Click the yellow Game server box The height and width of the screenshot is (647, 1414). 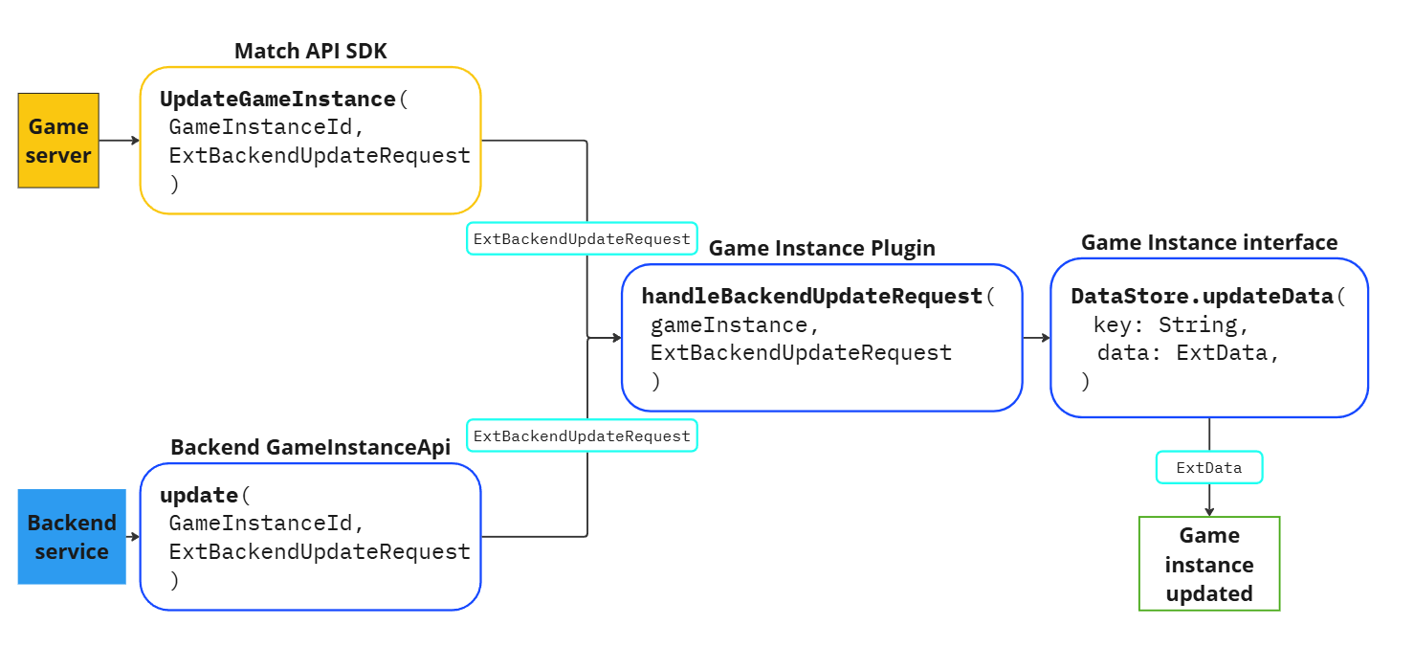click(58, 140)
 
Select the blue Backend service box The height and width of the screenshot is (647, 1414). click(72, 536)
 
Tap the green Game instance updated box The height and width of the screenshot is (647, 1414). click(1208, 564)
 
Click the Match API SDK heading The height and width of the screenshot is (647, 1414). click(311, 51)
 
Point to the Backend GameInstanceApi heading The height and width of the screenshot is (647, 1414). click(310, 447)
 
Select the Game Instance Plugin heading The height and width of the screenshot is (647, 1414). click(822, 248)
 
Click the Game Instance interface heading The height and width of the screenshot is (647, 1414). click(1209, 242)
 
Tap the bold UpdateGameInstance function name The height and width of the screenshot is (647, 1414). click(277, 100)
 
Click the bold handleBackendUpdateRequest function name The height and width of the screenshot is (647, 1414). click(812, 297)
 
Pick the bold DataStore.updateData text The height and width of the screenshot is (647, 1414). click(1202, 297)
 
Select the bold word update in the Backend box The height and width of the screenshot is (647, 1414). click(199, 496)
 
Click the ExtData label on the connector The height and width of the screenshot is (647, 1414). click(1209, 468)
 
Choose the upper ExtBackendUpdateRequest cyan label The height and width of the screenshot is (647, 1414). click(582, 239)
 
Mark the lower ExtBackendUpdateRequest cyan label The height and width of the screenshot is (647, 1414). click(582, 435)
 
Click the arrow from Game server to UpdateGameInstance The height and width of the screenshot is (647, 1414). click(119, 141)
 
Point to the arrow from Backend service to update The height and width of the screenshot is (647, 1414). click(133, 537)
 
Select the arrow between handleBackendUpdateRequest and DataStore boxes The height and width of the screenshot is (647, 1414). click(1036, 338)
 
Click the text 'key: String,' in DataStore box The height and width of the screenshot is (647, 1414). click(1171, 325)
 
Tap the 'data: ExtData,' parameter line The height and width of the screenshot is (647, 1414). click(1188, 353)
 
